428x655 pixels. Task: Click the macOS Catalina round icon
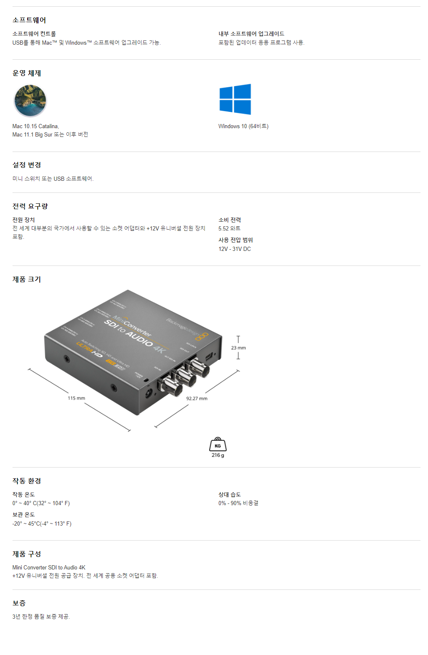coord(30,101)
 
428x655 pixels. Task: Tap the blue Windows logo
coord(235,99)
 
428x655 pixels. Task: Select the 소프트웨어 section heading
coord(29,20)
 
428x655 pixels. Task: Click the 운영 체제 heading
coord(27,73)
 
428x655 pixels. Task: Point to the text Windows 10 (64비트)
coord(243,126)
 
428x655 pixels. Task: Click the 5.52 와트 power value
coord(229,228)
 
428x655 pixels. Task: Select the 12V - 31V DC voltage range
coord(235,249)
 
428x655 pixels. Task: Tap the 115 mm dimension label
coord(76,398)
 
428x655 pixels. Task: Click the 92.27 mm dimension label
coord(197,399)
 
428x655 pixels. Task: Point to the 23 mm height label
coord(238,348)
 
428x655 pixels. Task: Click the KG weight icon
coord(218,445)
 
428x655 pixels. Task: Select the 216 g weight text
coord(218,455)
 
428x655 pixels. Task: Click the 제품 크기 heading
coord(27,279)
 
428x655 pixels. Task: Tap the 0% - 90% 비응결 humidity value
coord(238,503)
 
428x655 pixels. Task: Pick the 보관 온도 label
coord(24,515)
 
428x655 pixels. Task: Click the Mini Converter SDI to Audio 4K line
coord(49,567)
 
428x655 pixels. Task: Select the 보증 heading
coord(19,603)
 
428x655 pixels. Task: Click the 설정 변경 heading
coord(27,165)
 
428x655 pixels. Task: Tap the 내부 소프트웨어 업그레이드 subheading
coord(251,34)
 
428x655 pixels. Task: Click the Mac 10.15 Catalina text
coord(35,126)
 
